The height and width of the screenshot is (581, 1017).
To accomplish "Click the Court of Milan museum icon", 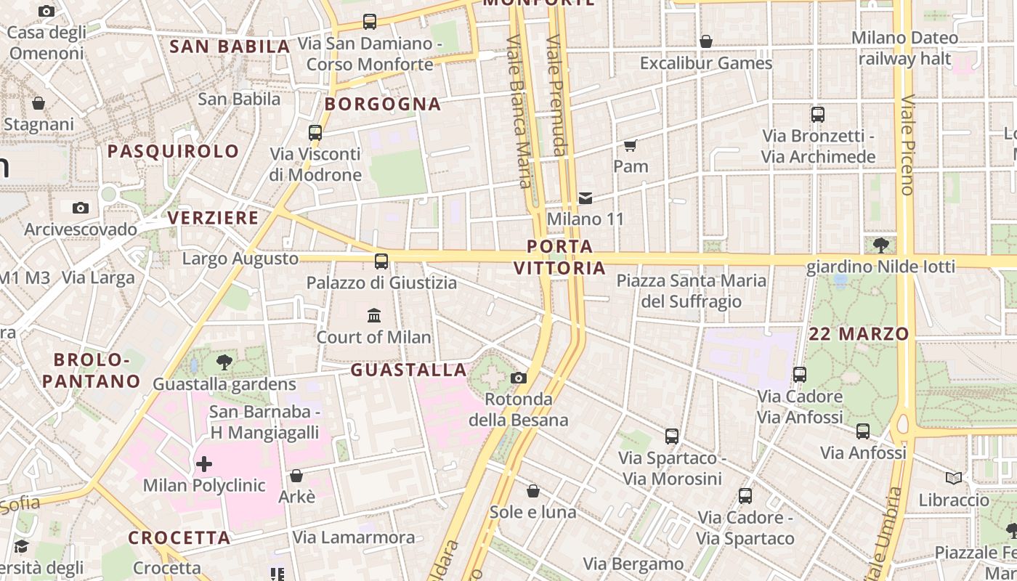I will click(x=374, y=315).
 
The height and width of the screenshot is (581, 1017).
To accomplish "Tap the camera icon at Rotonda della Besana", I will click(x=518, y=378).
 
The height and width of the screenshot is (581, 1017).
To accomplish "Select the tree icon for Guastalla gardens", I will click(x=224, y=362).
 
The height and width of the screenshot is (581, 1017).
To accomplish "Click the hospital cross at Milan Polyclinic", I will click(x=204, y=463).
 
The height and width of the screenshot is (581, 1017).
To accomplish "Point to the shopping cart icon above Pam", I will click(x=631, y=145).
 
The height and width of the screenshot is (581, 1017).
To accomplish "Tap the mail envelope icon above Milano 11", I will click(x=585, y=198).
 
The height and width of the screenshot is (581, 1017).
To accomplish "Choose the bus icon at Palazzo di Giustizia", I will click(x=381, y=261).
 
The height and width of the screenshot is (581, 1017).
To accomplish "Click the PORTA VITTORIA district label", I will click(x=559, y=257).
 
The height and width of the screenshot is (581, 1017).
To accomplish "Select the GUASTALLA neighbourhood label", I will click(x=408, y=370).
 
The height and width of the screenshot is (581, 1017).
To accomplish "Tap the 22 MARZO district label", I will click(x=859, y=334).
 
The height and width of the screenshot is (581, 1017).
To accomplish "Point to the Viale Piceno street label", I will click(x=907, y=145).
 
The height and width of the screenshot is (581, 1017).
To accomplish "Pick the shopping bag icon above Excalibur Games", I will click(x=705, y=42).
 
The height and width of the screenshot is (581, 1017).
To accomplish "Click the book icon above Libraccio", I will click(x=954, y=478).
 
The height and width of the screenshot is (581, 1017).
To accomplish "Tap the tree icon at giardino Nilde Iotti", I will click(x=881, y=245).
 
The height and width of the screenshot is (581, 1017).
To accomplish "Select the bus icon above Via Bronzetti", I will click(x=818, y=115).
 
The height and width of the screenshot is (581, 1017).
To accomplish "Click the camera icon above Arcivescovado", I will click(x=81, y=208).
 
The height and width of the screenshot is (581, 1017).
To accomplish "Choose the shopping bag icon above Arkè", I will click(x=296, y=476).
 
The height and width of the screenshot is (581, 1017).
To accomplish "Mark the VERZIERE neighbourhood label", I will click(x=213, y=218).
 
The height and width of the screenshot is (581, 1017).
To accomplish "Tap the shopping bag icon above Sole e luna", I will click(x=533, y=491).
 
